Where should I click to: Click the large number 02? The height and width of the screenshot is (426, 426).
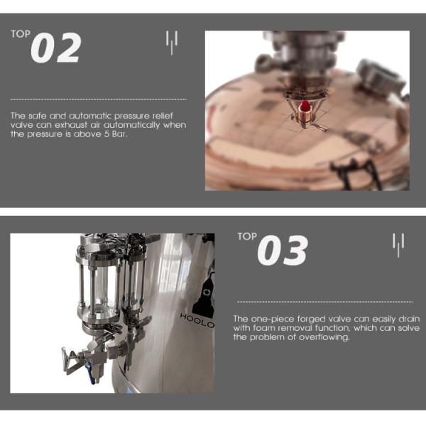point(56,48)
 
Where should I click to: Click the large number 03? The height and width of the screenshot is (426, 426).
point(283,250)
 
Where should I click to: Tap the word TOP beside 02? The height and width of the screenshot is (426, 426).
point(21,34)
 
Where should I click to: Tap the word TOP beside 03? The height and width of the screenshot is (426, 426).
point(247,236)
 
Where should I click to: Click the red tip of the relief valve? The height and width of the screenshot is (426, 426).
point(305,106)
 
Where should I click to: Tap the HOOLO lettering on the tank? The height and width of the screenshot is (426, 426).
point(197,320)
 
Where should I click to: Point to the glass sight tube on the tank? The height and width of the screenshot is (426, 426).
point(98,290)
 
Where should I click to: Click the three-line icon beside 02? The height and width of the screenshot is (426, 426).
point(172,43)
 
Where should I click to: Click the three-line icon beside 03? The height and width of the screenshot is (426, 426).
point(398,245)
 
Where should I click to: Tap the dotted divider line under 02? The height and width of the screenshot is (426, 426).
point(99,99)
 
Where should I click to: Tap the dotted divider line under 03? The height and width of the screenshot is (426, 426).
point(325,302)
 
